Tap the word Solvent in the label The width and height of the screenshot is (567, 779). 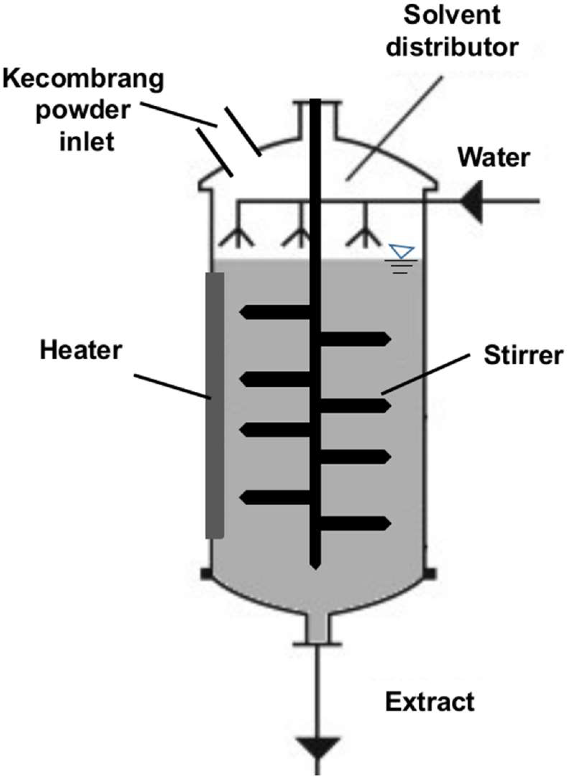tap(452, 16)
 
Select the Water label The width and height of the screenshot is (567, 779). tap(494, 158)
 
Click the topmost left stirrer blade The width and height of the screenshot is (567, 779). tap(275, 312)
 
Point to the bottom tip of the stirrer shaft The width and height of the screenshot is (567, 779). tap(315, 567)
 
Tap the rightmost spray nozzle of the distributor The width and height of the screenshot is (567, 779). tap(365, 237)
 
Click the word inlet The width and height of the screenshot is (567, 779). tap(87, 141)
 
